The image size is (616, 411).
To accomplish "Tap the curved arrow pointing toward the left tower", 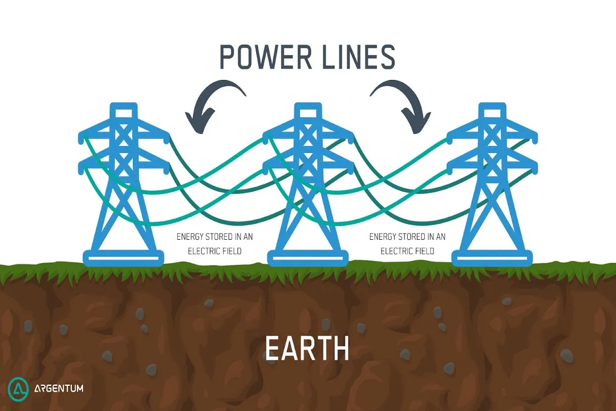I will click(217, 103).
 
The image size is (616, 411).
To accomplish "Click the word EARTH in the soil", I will click(307, 349).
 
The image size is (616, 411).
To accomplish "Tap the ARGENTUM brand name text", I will click(58, 389).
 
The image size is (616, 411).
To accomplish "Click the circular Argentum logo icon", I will click(19, 389).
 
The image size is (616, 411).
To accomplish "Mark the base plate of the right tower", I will click(492, 259).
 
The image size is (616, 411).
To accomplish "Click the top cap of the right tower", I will click(492, 107).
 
